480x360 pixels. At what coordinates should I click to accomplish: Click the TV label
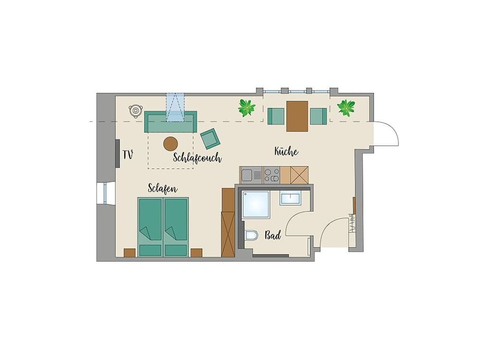click(127, 155)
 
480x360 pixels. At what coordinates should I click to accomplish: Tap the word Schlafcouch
click(197, 158)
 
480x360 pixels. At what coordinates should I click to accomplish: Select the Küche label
click(287, 152)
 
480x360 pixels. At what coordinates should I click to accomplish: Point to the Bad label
click(273, 236)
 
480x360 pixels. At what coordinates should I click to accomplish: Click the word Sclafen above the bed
click(163, 188)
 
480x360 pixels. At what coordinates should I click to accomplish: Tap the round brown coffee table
click(171, 143)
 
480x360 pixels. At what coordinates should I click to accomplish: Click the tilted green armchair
click(210, 139)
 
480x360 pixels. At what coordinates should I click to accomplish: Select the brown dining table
click(297, 116)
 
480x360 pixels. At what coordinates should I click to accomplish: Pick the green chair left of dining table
click(276, 116)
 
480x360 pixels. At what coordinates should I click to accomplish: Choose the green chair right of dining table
click(318, 116)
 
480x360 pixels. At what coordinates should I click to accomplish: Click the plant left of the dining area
click(247, 108)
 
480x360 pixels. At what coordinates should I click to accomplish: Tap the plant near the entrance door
click(346, 108)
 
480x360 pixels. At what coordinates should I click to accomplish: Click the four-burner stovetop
click(271, 175)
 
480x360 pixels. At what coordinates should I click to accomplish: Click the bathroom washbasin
click(290, 198)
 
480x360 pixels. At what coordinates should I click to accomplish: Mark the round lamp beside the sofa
click(135, 110)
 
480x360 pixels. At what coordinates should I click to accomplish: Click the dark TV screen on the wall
click(117, 154)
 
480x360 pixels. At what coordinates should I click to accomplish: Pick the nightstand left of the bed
click(130, 253)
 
